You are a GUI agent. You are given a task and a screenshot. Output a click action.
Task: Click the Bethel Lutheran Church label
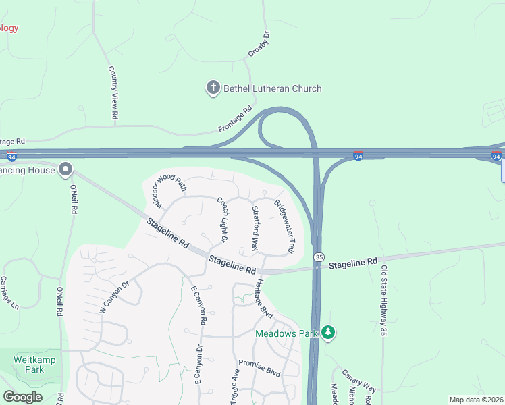(x=273, y=88)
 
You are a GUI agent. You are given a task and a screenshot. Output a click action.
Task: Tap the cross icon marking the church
(x=213, y=88)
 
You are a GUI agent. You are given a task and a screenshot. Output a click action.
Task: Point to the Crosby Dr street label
(x=259, y=43)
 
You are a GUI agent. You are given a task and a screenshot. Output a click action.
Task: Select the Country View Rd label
(x=114, y=93)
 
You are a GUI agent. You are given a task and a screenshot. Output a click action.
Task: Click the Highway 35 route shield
(x=318, y=256)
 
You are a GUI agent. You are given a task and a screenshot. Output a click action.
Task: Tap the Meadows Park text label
(x=287, y=333)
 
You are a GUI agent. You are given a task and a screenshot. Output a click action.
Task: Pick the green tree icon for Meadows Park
(x=328, y=332)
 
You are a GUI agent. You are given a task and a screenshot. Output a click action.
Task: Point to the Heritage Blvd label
(x=263, y=299)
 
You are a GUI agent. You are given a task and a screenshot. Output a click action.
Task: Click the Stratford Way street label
(x=255, y=228)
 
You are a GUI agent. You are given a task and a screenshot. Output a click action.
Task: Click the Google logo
(x=22, y=397)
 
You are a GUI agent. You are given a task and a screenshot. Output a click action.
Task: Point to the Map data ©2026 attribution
(x=476, y=400)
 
